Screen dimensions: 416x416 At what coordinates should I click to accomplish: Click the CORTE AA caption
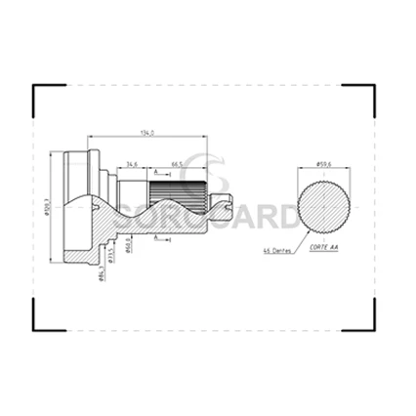(323, 250)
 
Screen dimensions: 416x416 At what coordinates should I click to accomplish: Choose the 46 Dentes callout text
(278, 251)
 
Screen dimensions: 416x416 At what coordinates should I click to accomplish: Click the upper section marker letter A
(155, 171)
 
